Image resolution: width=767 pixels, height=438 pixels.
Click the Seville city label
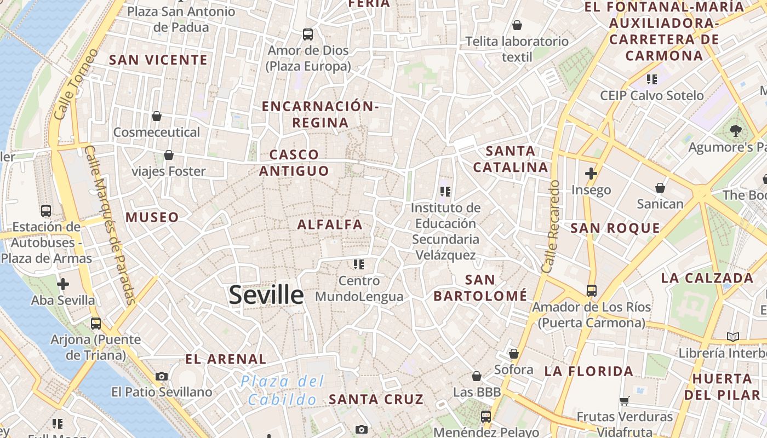(266, 295)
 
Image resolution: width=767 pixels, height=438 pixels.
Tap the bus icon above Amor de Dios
(308, 34)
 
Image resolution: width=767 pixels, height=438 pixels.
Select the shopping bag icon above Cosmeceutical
(157, 116)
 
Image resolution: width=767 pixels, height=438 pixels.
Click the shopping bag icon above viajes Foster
(169, 155)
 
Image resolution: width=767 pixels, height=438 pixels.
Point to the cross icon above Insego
(591, 174)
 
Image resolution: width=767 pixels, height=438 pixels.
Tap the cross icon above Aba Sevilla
(63, 284)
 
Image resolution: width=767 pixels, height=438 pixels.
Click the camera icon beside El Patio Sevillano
(162, 376)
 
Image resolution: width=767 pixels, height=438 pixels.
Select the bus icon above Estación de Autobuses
(46, 211)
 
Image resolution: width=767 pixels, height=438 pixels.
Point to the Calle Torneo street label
(76, 84)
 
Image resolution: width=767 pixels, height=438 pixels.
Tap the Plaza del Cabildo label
(283, 390)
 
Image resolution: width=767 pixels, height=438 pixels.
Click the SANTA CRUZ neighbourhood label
(376, 400)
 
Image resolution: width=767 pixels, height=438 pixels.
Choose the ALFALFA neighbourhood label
(330, 224)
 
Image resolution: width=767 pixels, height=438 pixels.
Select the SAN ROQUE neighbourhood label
(615, 228)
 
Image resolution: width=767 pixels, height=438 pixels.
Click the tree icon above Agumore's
(735, 131)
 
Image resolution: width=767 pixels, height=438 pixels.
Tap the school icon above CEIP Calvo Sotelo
(651, 79)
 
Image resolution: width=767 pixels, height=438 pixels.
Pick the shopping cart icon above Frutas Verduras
(625, 401)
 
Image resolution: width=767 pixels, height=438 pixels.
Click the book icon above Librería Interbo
(733, 337)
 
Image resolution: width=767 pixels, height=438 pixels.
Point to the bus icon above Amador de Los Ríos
(592, 290)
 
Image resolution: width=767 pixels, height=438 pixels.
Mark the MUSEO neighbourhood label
(152, 217)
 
